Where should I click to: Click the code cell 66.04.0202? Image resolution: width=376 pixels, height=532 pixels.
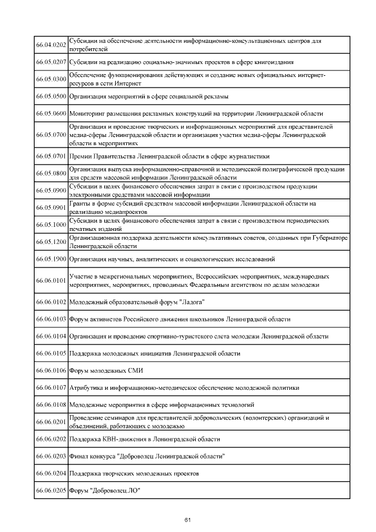click(x=51, y=45)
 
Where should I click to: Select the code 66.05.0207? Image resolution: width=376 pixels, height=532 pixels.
click(x=51, y=61)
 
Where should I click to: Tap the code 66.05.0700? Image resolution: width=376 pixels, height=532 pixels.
click(x=51, y=135)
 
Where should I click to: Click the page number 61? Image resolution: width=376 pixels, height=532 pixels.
click(x=188, y=520)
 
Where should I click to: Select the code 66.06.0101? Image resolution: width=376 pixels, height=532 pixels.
click(x=51, y=280)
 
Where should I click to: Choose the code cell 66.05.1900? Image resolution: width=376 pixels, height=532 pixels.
click(x=51, y=259)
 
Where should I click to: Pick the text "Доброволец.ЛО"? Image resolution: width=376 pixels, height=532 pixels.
click(x=117, y=490)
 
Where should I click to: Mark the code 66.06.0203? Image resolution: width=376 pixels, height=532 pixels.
click(x=51, y=456)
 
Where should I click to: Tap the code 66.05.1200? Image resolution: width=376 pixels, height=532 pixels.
click(x=51, y=242)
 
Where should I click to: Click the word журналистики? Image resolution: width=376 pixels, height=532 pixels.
click(x=246, y=156)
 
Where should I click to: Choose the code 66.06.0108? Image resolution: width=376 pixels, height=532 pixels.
click(x=51, y=405)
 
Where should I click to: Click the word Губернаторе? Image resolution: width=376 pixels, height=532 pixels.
click(x=328, y=238)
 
